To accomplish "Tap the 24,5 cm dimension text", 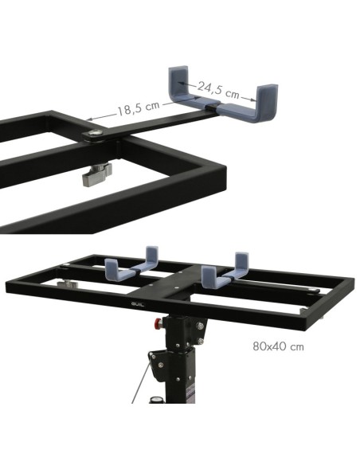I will point(218,89).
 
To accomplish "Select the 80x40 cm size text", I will point(277,347).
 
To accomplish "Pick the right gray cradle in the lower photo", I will point(224,271).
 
